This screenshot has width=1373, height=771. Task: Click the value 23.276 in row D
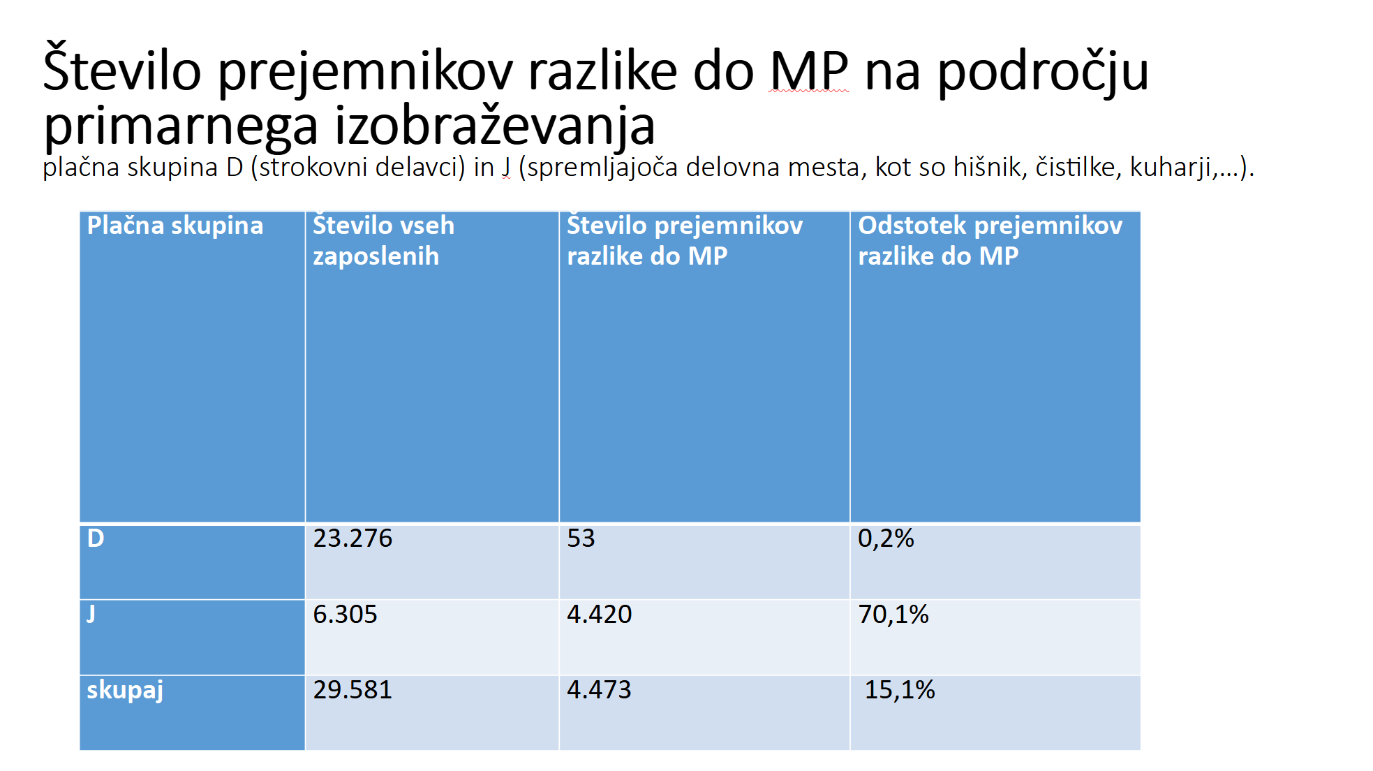(352, 538)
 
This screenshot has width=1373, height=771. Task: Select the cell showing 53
(581, 538)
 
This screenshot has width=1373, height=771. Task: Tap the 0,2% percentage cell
(886, 538)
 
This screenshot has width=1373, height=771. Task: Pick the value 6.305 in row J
(345, 615)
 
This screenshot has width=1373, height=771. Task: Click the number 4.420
(599, 615)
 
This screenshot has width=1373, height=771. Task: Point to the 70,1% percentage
(893, 615)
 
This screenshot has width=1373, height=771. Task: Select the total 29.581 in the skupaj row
(352, 690)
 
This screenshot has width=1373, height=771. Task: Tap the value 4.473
(599, 690)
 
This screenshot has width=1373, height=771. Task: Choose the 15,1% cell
(900, 690)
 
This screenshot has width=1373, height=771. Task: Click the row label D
(96, 538)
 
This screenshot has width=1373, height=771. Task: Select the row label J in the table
(91, 615)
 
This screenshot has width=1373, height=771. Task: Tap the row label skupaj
(125, 690)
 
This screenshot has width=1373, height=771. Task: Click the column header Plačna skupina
(175, 226)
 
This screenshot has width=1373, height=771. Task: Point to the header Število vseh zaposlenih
(383, 241)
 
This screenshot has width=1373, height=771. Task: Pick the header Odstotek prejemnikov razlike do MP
(990, 241)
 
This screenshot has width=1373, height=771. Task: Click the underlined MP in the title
(808, 71)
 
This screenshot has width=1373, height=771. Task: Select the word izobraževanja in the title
(495, 126)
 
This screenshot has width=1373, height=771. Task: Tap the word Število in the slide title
(122, 71)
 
